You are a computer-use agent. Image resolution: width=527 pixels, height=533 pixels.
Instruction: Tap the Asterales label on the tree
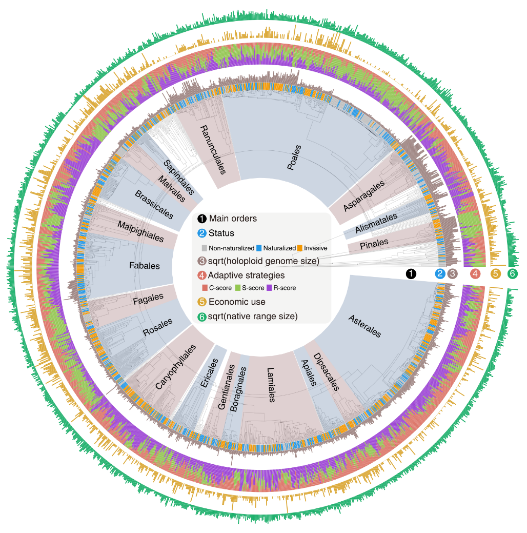click(364, 326)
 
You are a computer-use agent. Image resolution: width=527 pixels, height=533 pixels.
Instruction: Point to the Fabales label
click(145, 266)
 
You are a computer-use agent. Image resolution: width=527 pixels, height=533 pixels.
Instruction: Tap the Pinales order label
click(374, 242)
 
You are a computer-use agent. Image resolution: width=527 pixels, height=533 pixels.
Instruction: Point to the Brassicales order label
click(154, 204)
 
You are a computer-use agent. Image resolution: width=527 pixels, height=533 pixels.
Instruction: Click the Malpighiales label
click(140, 231)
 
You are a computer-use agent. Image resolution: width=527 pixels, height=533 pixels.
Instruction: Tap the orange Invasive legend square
click(299, 248)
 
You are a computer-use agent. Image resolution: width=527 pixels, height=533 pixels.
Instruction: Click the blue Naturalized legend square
click(259, 248)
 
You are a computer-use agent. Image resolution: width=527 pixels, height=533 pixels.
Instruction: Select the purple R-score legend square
click(269, 288)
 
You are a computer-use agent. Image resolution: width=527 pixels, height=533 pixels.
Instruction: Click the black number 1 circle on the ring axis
click(411, 274)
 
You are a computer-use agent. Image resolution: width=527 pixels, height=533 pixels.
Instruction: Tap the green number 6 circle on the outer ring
click(512, 274)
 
